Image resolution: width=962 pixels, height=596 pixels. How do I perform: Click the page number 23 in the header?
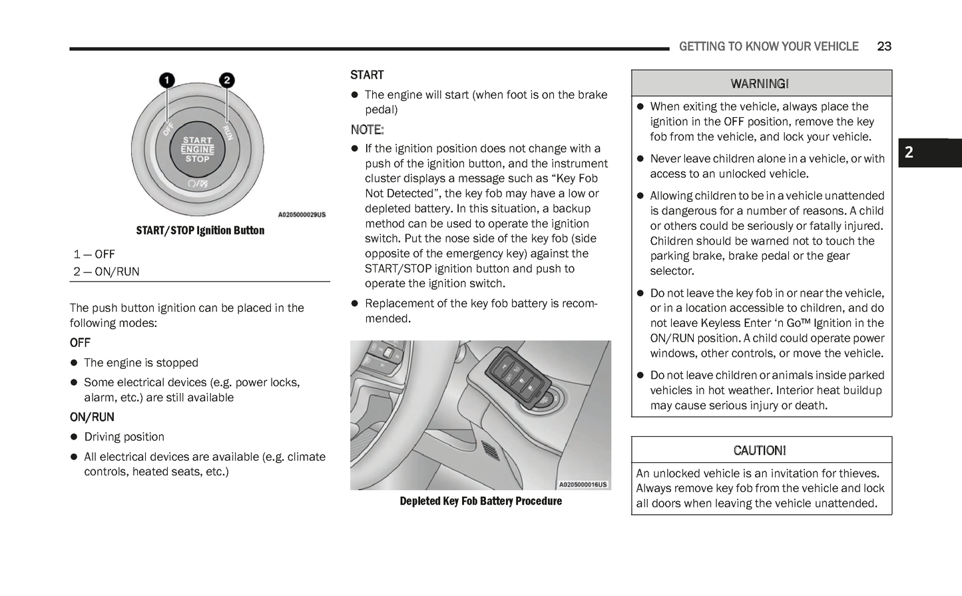click(884, 46)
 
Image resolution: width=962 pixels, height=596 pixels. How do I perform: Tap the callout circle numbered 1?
click(166, 81)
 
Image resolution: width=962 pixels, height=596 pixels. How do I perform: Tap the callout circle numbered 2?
click(226, 81)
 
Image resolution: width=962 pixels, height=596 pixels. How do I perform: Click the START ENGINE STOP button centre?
click(197, 149)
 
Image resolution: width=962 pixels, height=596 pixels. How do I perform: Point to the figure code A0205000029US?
click(302, 214)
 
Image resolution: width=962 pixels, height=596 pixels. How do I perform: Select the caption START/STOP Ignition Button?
click(200, 230)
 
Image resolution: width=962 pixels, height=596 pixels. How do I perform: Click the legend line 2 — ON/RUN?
click(107, 272)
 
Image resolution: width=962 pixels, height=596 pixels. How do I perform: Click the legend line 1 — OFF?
click(94, 254)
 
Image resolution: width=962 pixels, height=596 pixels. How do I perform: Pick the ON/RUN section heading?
click(92, 417)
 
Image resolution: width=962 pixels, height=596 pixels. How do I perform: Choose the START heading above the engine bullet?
click(367, 75)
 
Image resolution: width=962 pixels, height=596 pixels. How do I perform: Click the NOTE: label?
click(367, 129)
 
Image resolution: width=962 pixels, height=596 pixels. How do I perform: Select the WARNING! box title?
click(760, 84)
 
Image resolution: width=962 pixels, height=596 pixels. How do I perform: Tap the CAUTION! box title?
click(760, 451)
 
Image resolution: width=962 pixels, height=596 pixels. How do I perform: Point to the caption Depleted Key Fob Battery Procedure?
click(480, 501)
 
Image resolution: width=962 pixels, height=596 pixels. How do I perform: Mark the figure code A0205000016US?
click(583, 484)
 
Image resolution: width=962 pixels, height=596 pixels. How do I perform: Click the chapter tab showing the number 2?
click(909, 153)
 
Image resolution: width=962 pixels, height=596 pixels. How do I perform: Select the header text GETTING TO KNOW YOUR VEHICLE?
click(768, 46)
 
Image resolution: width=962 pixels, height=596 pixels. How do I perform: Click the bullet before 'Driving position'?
click(75, 438)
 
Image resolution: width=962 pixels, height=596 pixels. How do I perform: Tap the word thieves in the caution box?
click(859, 473)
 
